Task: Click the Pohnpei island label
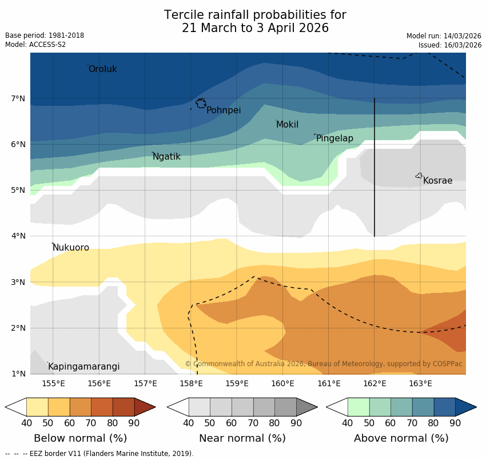224,110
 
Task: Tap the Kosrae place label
437,181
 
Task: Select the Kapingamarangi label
83,367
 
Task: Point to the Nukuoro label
71,248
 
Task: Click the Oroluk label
102,69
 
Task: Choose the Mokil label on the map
287,125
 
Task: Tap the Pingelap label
334,138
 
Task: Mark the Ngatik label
166,157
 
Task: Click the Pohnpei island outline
201,103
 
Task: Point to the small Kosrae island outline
419,176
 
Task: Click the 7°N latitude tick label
18,99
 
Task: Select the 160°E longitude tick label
282,383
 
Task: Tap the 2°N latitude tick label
18,328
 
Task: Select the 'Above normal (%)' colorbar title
401,438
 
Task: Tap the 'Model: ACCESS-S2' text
35,45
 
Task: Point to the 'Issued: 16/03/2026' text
450,45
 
